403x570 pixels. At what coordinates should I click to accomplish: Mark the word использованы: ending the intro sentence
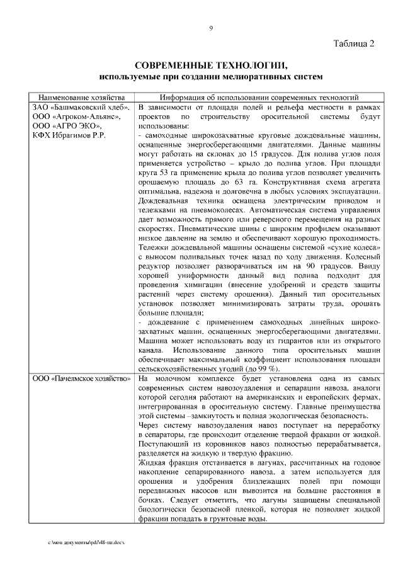coord(162,126)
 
